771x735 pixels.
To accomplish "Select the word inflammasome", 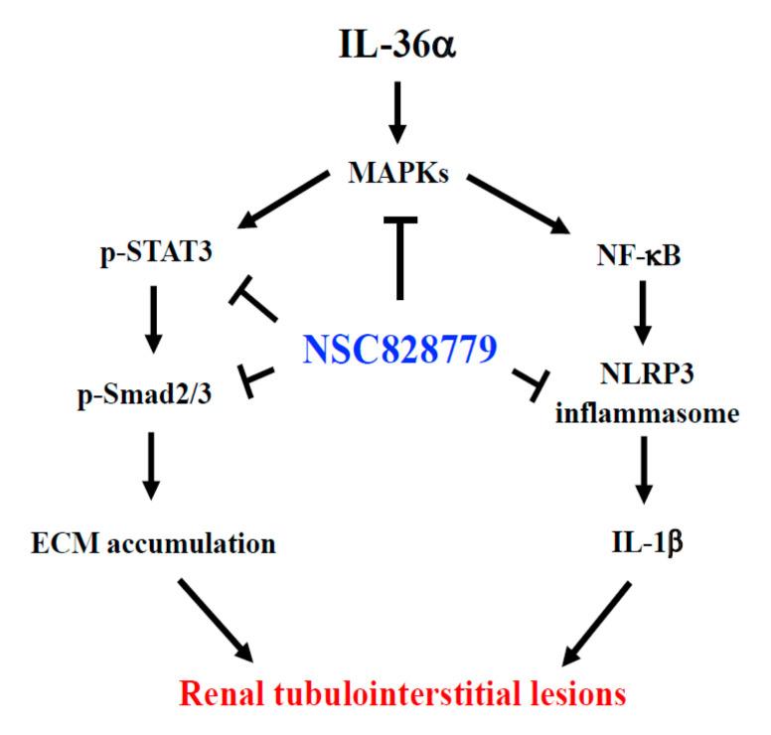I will click(x=643, y=414).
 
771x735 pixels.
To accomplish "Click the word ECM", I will click(x=57, y=543).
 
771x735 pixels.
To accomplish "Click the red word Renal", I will click(x=215, y=692).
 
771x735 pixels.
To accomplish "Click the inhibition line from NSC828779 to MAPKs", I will click(x=398, y=253).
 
